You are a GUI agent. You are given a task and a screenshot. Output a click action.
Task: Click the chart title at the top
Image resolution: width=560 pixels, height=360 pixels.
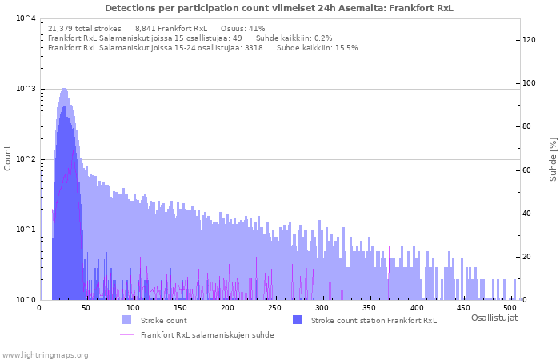(278, 8)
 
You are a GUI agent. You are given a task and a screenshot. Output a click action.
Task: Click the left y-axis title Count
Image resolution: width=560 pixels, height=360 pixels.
(8, 158)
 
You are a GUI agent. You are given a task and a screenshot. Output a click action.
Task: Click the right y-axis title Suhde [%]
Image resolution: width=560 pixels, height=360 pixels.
(552, 158)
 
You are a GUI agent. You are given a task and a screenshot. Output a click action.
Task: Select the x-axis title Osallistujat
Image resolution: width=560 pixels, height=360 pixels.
(494, 318)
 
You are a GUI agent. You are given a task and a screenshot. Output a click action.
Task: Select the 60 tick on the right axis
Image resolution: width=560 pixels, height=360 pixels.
(527, 170)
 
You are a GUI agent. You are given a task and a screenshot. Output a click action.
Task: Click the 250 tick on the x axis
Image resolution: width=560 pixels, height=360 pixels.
(274, 307)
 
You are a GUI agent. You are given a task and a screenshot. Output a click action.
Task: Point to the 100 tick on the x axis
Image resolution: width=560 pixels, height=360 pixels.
(133, 307)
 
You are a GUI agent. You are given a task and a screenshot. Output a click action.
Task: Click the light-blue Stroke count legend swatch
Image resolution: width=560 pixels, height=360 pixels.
(126, 320)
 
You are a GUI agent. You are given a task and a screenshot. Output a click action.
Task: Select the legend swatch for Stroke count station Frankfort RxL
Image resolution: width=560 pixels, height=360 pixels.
(297, 320)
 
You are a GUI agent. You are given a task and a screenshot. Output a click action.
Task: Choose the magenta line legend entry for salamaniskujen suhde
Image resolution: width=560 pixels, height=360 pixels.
(126, 334)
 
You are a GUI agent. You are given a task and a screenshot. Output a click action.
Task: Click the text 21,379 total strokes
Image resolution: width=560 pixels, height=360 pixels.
(85, 28)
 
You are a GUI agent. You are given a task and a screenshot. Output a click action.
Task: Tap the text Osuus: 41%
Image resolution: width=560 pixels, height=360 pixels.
(242, 28)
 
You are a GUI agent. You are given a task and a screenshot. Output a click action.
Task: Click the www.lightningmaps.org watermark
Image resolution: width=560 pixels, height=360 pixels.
(46, 354)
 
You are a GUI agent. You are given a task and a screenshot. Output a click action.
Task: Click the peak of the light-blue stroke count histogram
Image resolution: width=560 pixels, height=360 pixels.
(64, 90)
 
